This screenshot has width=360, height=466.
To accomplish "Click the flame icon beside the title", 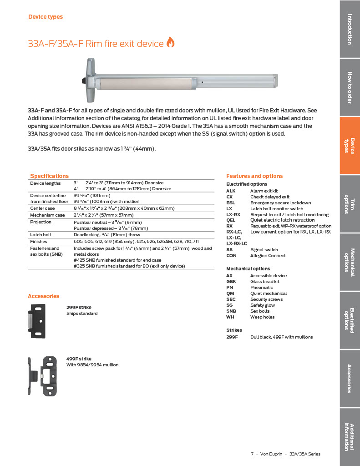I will [x=171, y=42].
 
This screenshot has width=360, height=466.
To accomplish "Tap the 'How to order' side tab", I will [x=350, y=87].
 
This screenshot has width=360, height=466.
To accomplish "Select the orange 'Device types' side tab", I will [x=350, y=146].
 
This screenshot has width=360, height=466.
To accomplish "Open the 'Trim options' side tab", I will [x=350, y=203].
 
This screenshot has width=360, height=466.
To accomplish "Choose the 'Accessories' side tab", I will [x=350, y=378].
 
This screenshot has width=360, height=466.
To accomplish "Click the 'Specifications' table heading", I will [x=50, y=176].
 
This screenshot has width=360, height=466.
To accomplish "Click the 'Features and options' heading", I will [x=254, y=176].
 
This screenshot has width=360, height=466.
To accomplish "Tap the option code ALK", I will [x=231, y=191].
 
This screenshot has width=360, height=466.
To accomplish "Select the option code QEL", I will [x=231, y=220].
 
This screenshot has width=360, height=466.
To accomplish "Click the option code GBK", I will [x=231, y=282].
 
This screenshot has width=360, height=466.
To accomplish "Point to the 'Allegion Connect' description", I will [x=268, y=256].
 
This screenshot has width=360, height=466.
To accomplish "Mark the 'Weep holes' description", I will [x=263, y=317].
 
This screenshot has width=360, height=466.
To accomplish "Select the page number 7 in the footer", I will [x=252, y=454].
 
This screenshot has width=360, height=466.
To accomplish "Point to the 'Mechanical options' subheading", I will [x=248, y=269].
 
